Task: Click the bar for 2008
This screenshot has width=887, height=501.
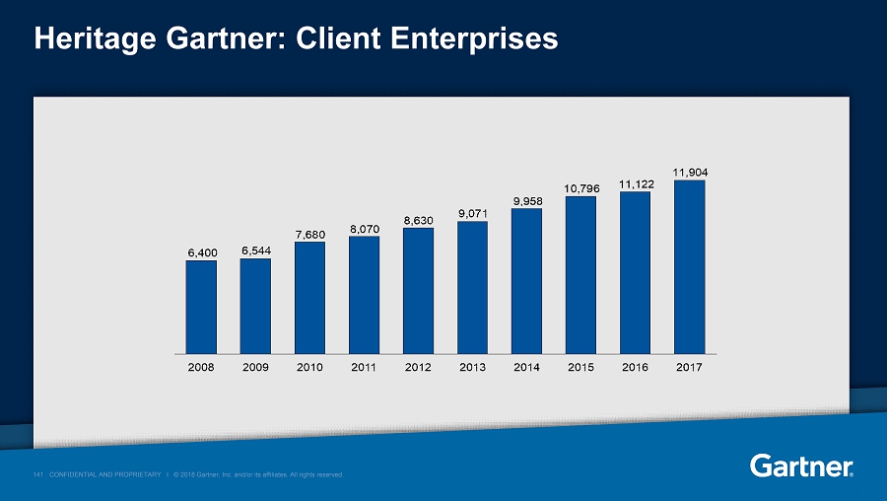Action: point(201,307)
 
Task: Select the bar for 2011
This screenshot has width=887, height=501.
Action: point(364,294)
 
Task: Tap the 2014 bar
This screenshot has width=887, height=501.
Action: point(526,280)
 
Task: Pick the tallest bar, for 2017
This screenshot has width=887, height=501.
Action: point(689,266)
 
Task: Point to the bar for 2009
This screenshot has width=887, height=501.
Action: point(255,306)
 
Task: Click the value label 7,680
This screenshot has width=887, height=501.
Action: point(309,234)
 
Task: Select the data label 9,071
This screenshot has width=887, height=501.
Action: point(472,213)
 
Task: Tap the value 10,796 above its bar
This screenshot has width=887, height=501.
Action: point(580,188)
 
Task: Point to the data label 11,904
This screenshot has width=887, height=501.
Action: point(689,173)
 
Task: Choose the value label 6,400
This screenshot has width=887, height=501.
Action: point(201,252)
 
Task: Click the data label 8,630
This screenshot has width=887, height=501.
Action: point(418,220)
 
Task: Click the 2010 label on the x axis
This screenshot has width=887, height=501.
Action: point(309,367)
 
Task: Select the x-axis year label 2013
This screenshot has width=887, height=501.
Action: point(472,367)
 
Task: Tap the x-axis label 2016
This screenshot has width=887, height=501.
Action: point(635,367)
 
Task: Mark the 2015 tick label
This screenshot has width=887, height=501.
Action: point(580,367)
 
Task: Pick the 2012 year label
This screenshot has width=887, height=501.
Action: point(418,367)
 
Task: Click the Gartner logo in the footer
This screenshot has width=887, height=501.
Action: point(801,465)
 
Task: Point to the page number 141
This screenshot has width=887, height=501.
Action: point(38,474)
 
